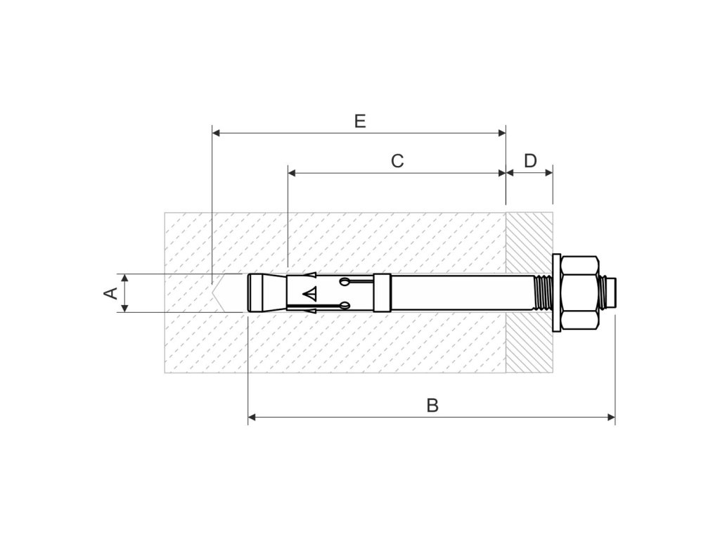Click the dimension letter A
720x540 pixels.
(x=111, y=292)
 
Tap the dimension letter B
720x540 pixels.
(x=432, y=405)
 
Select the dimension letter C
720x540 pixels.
(x=397, y=161)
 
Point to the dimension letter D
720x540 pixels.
(x=530, y=161)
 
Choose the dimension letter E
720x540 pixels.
(x=359, y=122)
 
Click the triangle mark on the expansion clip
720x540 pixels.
(x=310, y=292)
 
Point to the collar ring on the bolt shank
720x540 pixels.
(x=380, y=292)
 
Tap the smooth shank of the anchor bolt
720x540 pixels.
(x=457, y=292)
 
